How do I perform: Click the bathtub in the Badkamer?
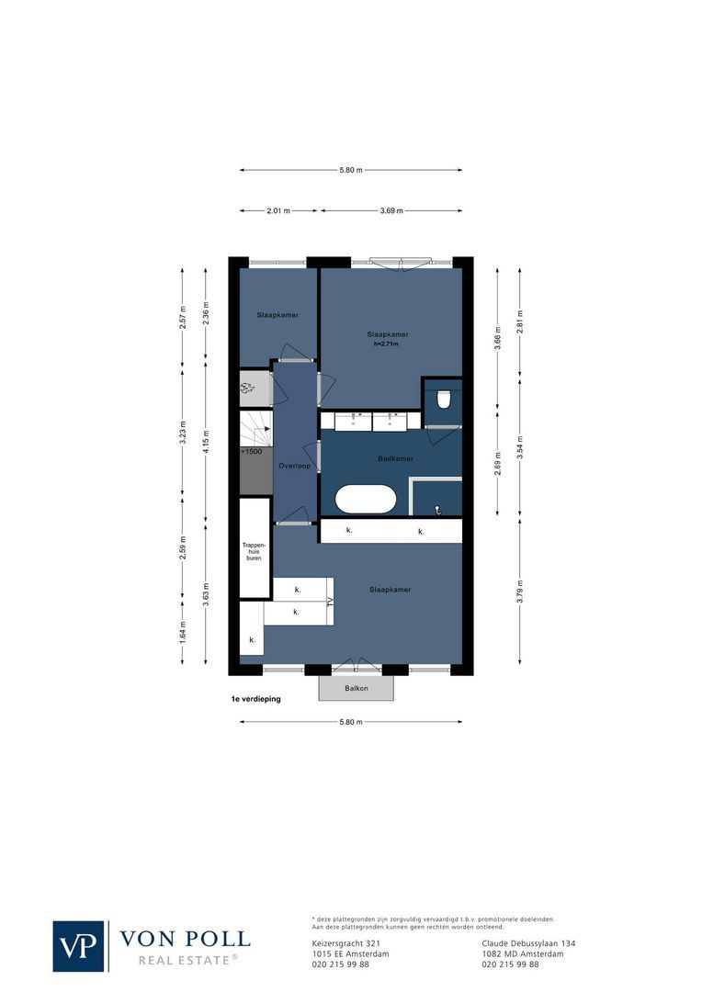click(366, 500)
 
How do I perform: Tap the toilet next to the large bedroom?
click(444, 399)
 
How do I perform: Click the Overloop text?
click(295, 466)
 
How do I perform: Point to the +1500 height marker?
click(250, 453)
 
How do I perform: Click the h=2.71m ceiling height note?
click(387, 344)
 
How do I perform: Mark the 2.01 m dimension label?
click(278, 210)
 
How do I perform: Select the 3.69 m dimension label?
click(392, 210)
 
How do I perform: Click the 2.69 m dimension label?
click(498, 458)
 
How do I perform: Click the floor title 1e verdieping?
click(256, 699)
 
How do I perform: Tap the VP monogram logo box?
click(79, 946)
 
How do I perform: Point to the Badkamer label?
click(395, 458)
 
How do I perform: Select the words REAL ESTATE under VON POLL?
click(187, 960)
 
